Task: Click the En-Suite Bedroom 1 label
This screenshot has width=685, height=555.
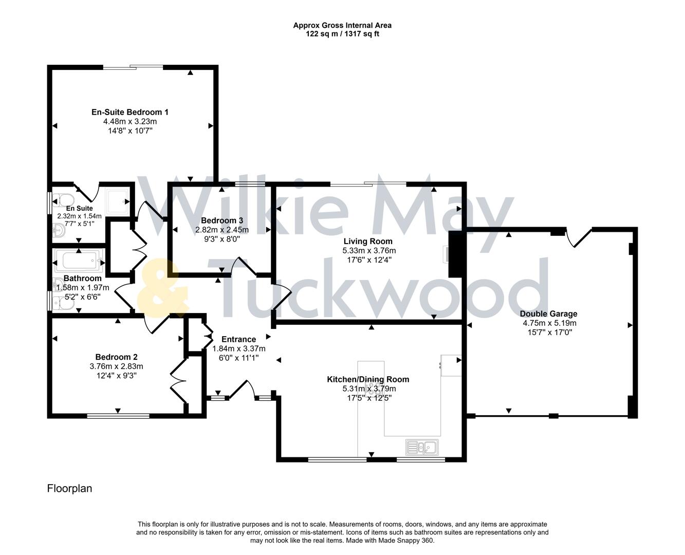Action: tap(129, 112)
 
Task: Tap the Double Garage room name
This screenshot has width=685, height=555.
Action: tap(548, 314)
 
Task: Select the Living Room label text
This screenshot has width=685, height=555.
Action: tap(368, 242)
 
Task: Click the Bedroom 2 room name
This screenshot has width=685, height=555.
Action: tap(116, 357)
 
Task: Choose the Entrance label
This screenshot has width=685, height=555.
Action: tap(238, 339)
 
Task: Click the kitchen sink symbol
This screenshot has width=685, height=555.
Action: tap(421, 447)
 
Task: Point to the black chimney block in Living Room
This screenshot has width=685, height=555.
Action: tap(456, 254)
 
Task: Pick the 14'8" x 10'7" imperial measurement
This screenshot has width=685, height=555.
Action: tap(129, 131)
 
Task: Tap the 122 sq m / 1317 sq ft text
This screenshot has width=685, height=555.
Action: tap(342, 34)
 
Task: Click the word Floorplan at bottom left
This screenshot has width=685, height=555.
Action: tap(69, 488)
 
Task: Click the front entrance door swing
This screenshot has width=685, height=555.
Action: tap(243, 390)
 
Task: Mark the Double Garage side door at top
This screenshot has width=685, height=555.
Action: tap(579, 237)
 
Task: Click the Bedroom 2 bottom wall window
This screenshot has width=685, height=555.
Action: tap(118, 416)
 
